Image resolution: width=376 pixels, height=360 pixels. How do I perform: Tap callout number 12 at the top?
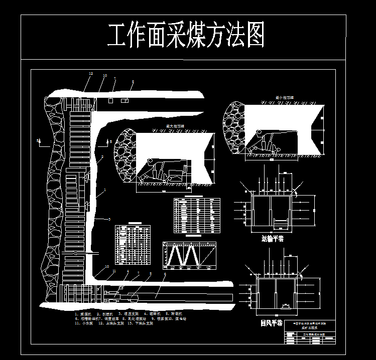point(91,74)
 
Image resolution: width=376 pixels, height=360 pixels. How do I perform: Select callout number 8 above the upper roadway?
point(133,82)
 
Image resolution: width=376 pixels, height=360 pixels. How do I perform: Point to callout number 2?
point(102,157)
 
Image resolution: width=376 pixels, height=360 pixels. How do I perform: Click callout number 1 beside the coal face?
point(105,191)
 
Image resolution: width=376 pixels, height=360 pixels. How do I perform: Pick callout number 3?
point(109,220)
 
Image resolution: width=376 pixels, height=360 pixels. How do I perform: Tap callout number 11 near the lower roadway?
point(114,271)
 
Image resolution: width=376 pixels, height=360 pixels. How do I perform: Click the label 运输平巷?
point(273,239)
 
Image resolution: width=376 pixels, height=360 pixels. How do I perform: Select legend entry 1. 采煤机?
point(83,314)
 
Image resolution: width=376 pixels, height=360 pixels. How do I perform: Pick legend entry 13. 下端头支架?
point(137,323)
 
